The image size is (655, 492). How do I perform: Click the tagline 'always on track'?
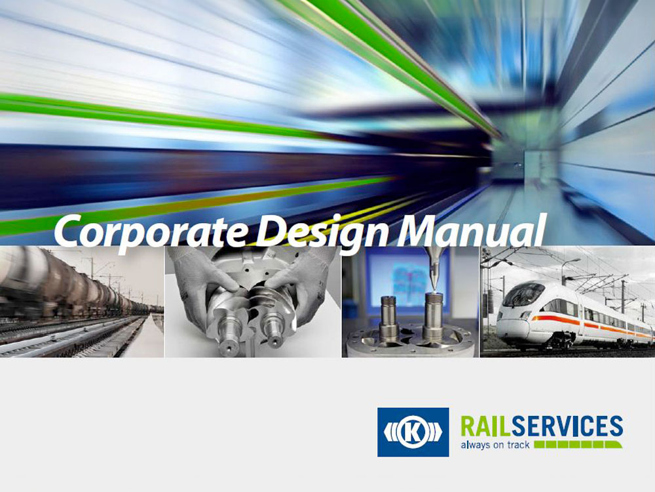(495, 445)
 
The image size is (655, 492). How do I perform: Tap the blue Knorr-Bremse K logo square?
(413, 432)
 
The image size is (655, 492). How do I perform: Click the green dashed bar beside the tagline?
(578, 444)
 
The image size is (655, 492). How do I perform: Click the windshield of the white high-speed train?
(523, 294)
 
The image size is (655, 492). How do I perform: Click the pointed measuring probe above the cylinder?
(433, 268)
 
